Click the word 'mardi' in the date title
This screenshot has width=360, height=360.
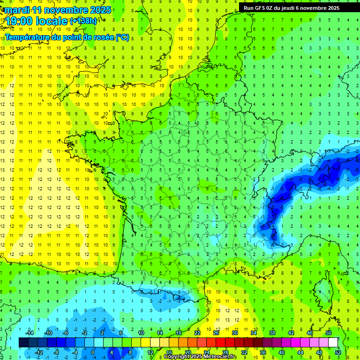pos(17,10)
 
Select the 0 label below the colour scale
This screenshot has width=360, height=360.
pos(92,352)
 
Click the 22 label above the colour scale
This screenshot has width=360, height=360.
pos(197,332)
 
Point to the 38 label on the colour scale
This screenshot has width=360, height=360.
pos(272,332)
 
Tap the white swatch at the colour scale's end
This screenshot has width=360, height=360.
pos(333,342)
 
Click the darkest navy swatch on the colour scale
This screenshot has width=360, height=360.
pos(23,342)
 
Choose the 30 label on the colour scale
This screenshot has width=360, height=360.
pos(235,332)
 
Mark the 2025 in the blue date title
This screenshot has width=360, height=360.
pos(100,10)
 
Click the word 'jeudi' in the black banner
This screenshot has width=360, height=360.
pos(297,7)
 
